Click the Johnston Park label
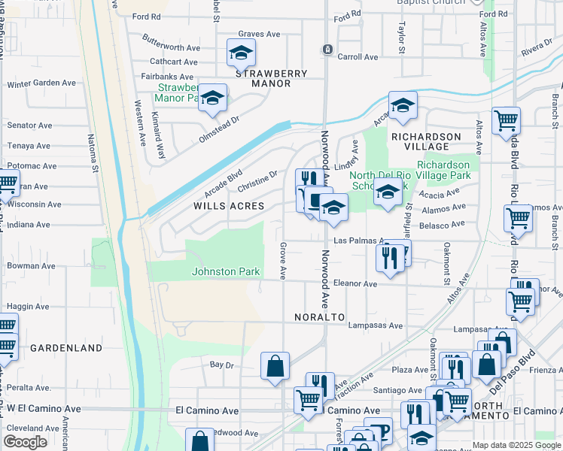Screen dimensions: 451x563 226,271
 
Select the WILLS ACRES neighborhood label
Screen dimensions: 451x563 229,206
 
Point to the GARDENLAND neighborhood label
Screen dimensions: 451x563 66,348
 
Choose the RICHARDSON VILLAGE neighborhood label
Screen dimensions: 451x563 425,141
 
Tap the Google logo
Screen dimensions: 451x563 25,442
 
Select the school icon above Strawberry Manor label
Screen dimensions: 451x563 241,53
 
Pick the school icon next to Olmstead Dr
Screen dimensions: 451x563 213,98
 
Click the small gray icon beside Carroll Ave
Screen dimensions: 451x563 327,50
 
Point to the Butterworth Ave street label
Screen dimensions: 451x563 171,47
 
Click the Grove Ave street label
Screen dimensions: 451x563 284,260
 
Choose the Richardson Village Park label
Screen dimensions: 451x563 443,170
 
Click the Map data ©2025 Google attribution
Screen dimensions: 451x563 516,445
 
